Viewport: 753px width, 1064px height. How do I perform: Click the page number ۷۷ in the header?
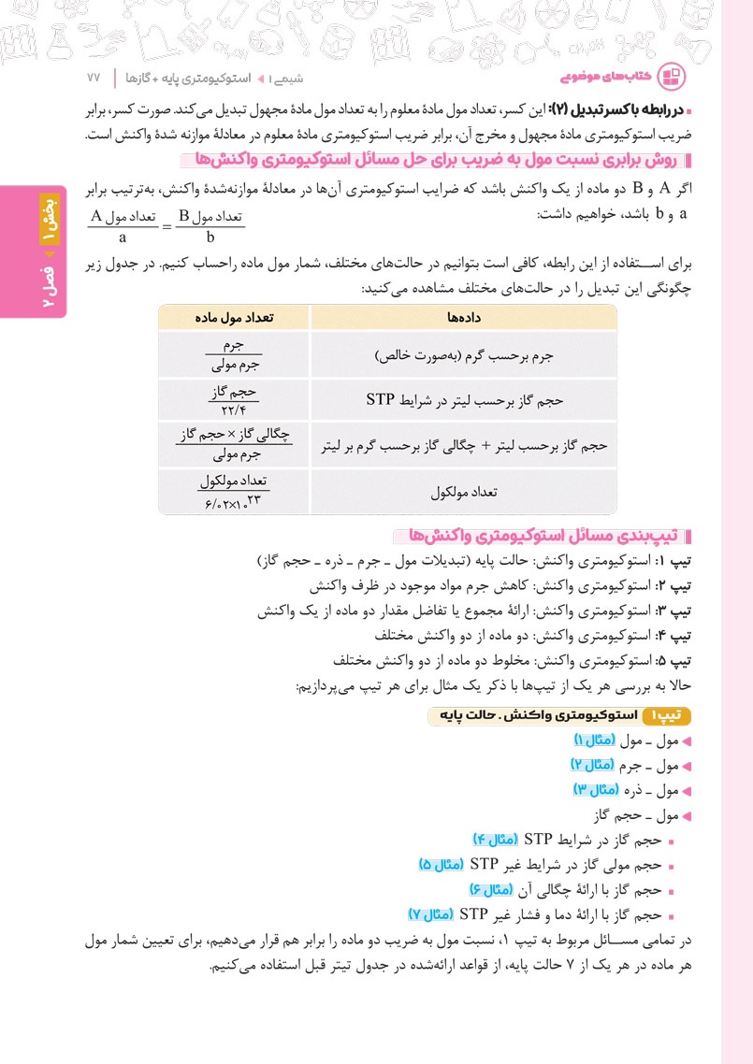point(93,74)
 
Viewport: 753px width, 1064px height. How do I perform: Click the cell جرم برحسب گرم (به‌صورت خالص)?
point(464,356)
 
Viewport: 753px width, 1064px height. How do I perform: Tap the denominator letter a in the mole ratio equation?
point(122,237)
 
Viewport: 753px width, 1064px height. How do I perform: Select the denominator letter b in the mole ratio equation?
point(210,237)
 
